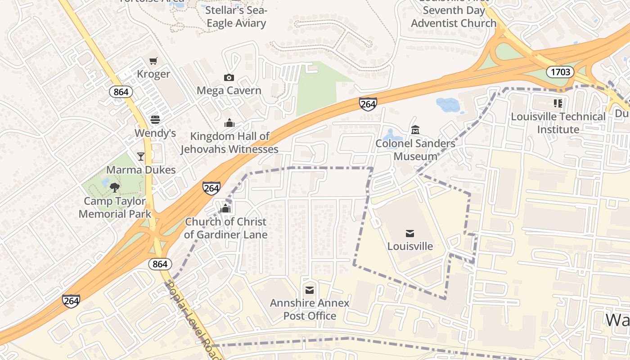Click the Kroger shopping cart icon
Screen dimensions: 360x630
(153, 61)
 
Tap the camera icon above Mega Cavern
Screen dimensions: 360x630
(229, 77)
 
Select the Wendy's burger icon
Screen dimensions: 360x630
(155, 120)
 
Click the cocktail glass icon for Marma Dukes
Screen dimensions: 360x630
(141, 156)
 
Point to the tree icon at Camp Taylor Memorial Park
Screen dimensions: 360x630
(115, 187)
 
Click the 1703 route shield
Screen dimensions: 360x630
(560, 72)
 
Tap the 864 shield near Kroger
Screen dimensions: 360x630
(121, 92)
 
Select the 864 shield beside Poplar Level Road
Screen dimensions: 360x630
(160, 264)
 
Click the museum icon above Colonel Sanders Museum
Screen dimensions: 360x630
(415, 130)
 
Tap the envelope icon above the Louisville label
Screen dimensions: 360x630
(409, 233)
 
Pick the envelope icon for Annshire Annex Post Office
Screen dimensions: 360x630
(310, 290)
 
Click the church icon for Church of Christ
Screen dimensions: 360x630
(226, 208)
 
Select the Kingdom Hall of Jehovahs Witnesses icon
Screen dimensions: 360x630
(229, 123)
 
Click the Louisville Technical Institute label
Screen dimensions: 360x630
(558, 123)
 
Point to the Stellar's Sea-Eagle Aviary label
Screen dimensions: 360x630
(237, 17)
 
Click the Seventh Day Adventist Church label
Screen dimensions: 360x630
(454, 17)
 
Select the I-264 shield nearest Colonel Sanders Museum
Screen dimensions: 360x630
(368, 103)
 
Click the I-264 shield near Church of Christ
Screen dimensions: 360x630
(211, 188)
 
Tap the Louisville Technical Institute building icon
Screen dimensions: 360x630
(558, 103)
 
